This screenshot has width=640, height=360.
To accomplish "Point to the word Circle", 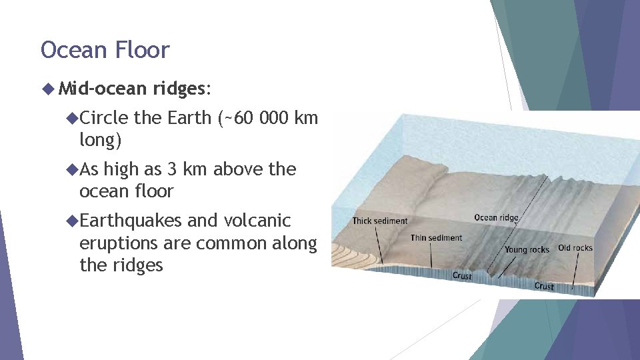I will (103, 118).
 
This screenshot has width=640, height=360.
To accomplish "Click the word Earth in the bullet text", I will (189, 118).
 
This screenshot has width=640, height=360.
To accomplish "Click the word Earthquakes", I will (131, 220).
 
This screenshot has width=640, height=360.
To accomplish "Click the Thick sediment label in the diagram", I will (380, 221).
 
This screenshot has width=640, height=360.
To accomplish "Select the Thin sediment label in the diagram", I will (436, 238).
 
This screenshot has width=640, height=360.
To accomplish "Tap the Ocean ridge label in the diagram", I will (496, 218).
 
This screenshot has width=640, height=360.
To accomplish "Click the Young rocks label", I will (527, 250).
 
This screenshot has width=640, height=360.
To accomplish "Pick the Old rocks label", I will (575, 248).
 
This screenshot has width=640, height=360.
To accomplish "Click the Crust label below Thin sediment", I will (462, 276).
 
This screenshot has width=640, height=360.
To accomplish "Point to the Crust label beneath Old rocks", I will (544, 286).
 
